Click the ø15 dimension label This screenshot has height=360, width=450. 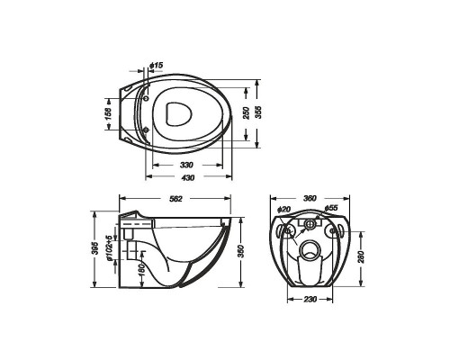[x=157, y=65]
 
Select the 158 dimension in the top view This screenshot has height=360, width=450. [x=108, y=113]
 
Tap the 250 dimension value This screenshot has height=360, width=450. [x=247, y=113]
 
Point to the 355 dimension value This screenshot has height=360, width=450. [x=258, y=112]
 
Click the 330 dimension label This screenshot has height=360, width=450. [x=186, y=165]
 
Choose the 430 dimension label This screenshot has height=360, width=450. [x=188, y=177]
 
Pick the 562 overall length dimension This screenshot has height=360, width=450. [x=175, y=199]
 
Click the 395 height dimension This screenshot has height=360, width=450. [x=94, y=248]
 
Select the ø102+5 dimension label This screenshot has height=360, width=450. [x=109, y=247]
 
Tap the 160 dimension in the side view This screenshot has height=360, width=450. [x=142, y=269]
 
